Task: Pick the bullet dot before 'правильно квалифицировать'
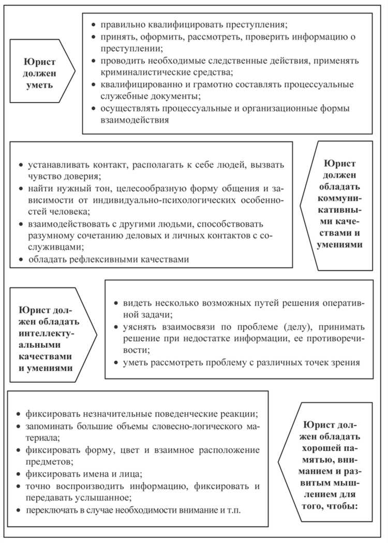pyautogui.click(x=93, y=25)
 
